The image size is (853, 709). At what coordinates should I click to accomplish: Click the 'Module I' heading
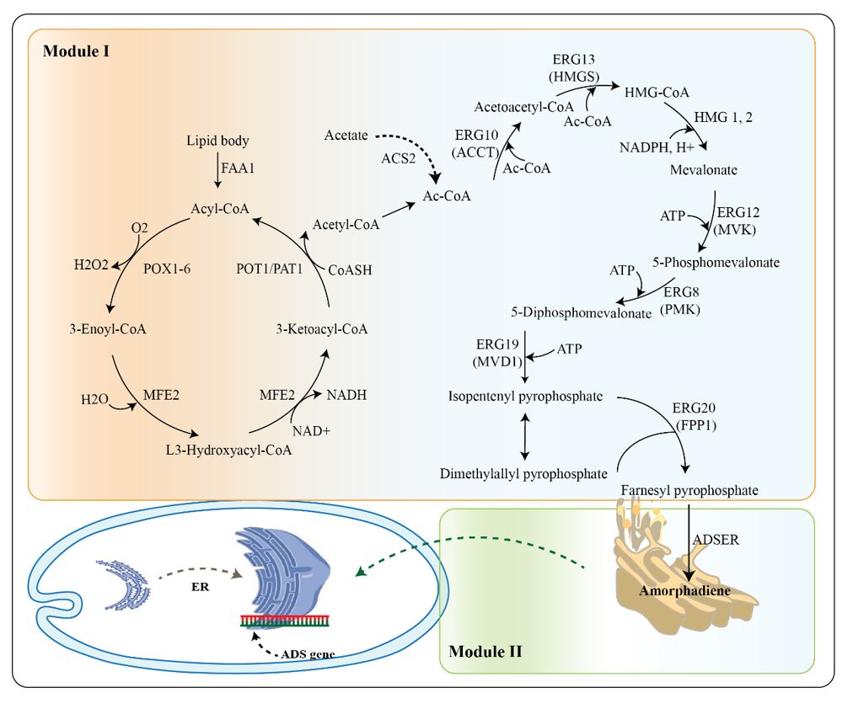click(x=76, y=51)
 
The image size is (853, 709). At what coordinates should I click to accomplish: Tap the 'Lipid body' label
click(x=217, y=141)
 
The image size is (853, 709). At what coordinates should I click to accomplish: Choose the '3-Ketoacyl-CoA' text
click(x=322, y=328)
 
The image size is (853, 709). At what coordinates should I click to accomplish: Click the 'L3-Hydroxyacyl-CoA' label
click(x=229, y=450)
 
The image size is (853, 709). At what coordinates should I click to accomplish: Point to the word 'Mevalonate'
click(x=704, y=170)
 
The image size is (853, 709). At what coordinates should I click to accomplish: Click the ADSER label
click(x=716, y=540)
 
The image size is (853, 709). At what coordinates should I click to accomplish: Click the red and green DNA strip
click(x=282, y=621)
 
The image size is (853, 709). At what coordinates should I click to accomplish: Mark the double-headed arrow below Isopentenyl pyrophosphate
click(x=526, y=434)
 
